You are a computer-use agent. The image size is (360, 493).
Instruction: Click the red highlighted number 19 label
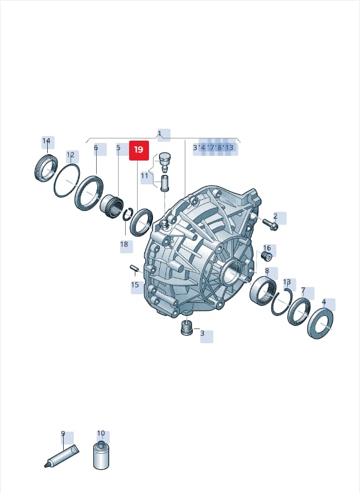pos(139,150)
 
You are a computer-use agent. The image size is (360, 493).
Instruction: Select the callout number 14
pos(47,141)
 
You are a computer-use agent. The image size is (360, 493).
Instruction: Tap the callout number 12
pos(71,155)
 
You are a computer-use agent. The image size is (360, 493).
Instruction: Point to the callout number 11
pos(144,175)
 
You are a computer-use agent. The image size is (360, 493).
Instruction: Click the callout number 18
pos(124,244)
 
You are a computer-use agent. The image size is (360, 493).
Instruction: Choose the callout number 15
pos(135,285)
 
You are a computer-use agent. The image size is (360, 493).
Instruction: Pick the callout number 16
pos(267,248)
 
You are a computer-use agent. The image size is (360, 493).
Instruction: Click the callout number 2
pos(275,216)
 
